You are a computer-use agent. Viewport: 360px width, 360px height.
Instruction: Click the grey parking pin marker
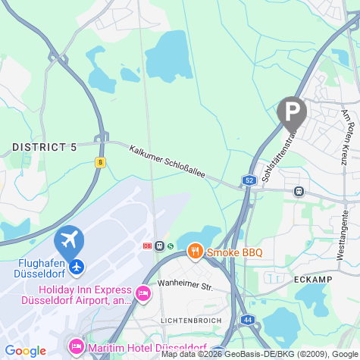292,112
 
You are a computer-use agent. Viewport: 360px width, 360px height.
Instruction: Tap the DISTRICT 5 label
45,147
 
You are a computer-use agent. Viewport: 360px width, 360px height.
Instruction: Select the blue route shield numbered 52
249,180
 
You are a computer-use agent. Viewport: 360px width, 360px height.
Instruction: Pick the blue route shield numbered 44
247,321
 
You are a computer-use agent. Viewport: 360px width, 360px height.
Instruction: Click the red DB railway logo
146,246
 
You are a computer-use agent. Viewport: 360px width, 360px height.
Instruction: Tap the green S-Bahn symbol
171,246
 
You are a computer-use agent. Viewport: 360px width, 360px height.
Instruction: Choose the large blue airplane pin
69,243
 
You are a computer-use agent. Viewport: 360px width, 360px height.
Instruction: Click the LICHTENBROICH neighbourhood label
191,321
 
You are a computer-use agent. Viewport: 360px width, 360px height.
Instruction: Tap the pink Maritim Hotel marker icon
77,347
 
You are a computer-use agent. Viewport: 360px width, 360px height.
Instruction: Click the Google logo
26,350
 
